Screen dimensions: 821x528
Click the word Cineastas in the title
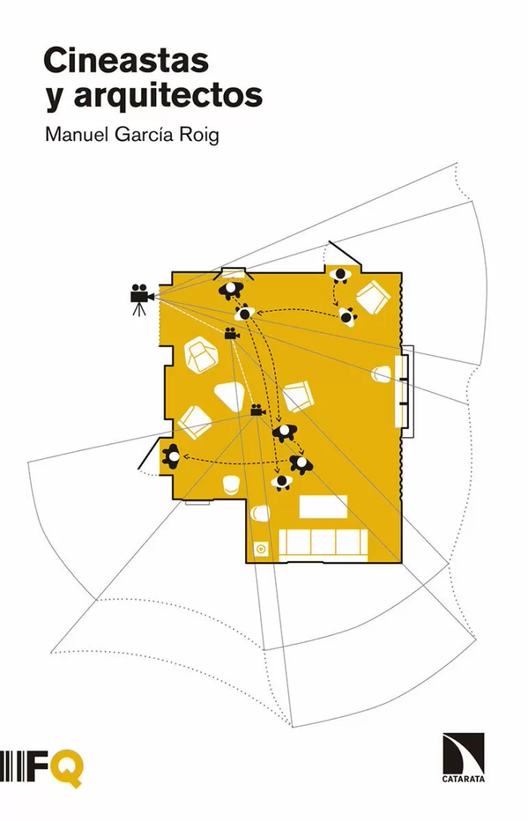click(125, 61)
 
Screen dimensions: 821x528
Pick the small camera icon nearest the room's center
click(257, 409)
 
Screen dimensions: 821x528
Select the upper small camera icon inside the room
click(231, 334)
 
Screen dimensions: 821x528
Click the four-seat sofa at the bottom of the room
click(323, 544)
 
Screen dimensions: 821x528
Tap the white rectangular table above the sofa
click(323, 507)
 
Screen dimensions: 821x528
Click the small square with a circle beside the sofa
click(261, 549)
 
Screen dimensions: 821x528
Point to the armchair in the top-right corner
click(373, 297)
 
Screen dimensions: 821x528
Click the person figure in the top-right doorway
click(340, 276)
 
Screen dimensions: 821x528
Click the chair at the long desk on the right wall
click(383, 374)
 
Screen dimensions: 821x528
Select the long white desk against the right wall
click(402, 389)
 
